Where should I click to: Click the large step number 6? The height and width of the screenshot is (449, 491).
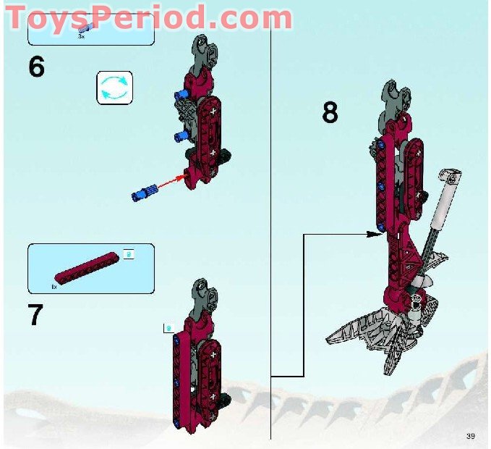pyautogui.click(x=36, y=67)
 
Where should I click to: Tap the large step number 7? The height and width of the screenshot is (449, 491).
pyautogui.click(x=35, y=316)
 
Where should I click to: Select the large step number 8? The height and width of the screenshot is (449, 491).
pyautogui.click(x=330, y=112)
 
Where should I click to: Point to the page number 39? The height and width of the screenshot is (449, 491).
pyautogui.click(x=471, y=435)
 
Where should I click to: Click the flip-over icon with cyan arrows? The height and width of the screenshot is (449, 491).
pyautogui.click(x=114, y=88)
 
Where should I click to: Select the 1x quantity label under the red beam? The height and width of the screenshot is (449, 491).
pyautogui.click(x=54, y=287)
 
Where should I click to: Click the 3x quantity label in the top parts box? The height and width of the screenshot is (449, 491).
pyautogui.click(x=81, y=35)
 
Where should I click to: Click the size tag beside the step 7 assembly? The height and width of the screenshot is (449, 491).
pyautogui.click(x=168, y=328)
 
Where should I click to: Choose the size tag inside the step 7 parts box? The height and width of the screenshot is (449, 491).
pyautogui.click(x=128, y=253)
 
